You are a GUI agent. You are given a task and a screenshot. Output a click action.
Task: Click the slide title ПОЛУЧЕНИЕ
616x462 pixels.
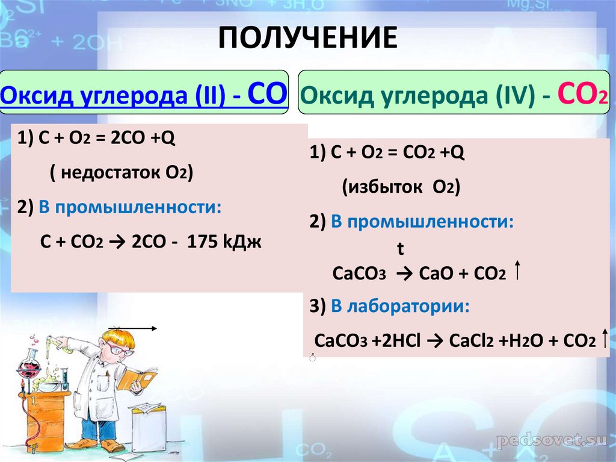[307, 38]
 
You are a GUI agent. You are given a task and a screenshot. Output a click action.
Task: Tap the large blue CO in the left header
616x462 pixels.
[266, 94]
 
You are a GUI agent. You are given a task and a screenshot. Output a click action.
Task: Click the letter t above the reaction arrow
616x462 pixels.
[400, 248]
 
